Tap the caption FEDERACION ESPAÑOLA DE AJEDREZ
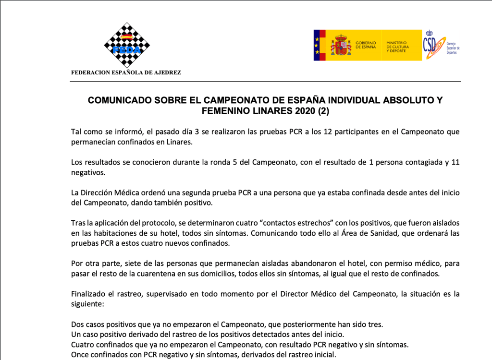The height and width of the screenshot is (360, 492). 126,73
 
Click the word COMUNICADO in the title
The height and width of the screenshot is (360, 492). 120,100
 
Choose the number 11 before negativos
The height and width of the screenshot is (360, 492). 455,162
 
